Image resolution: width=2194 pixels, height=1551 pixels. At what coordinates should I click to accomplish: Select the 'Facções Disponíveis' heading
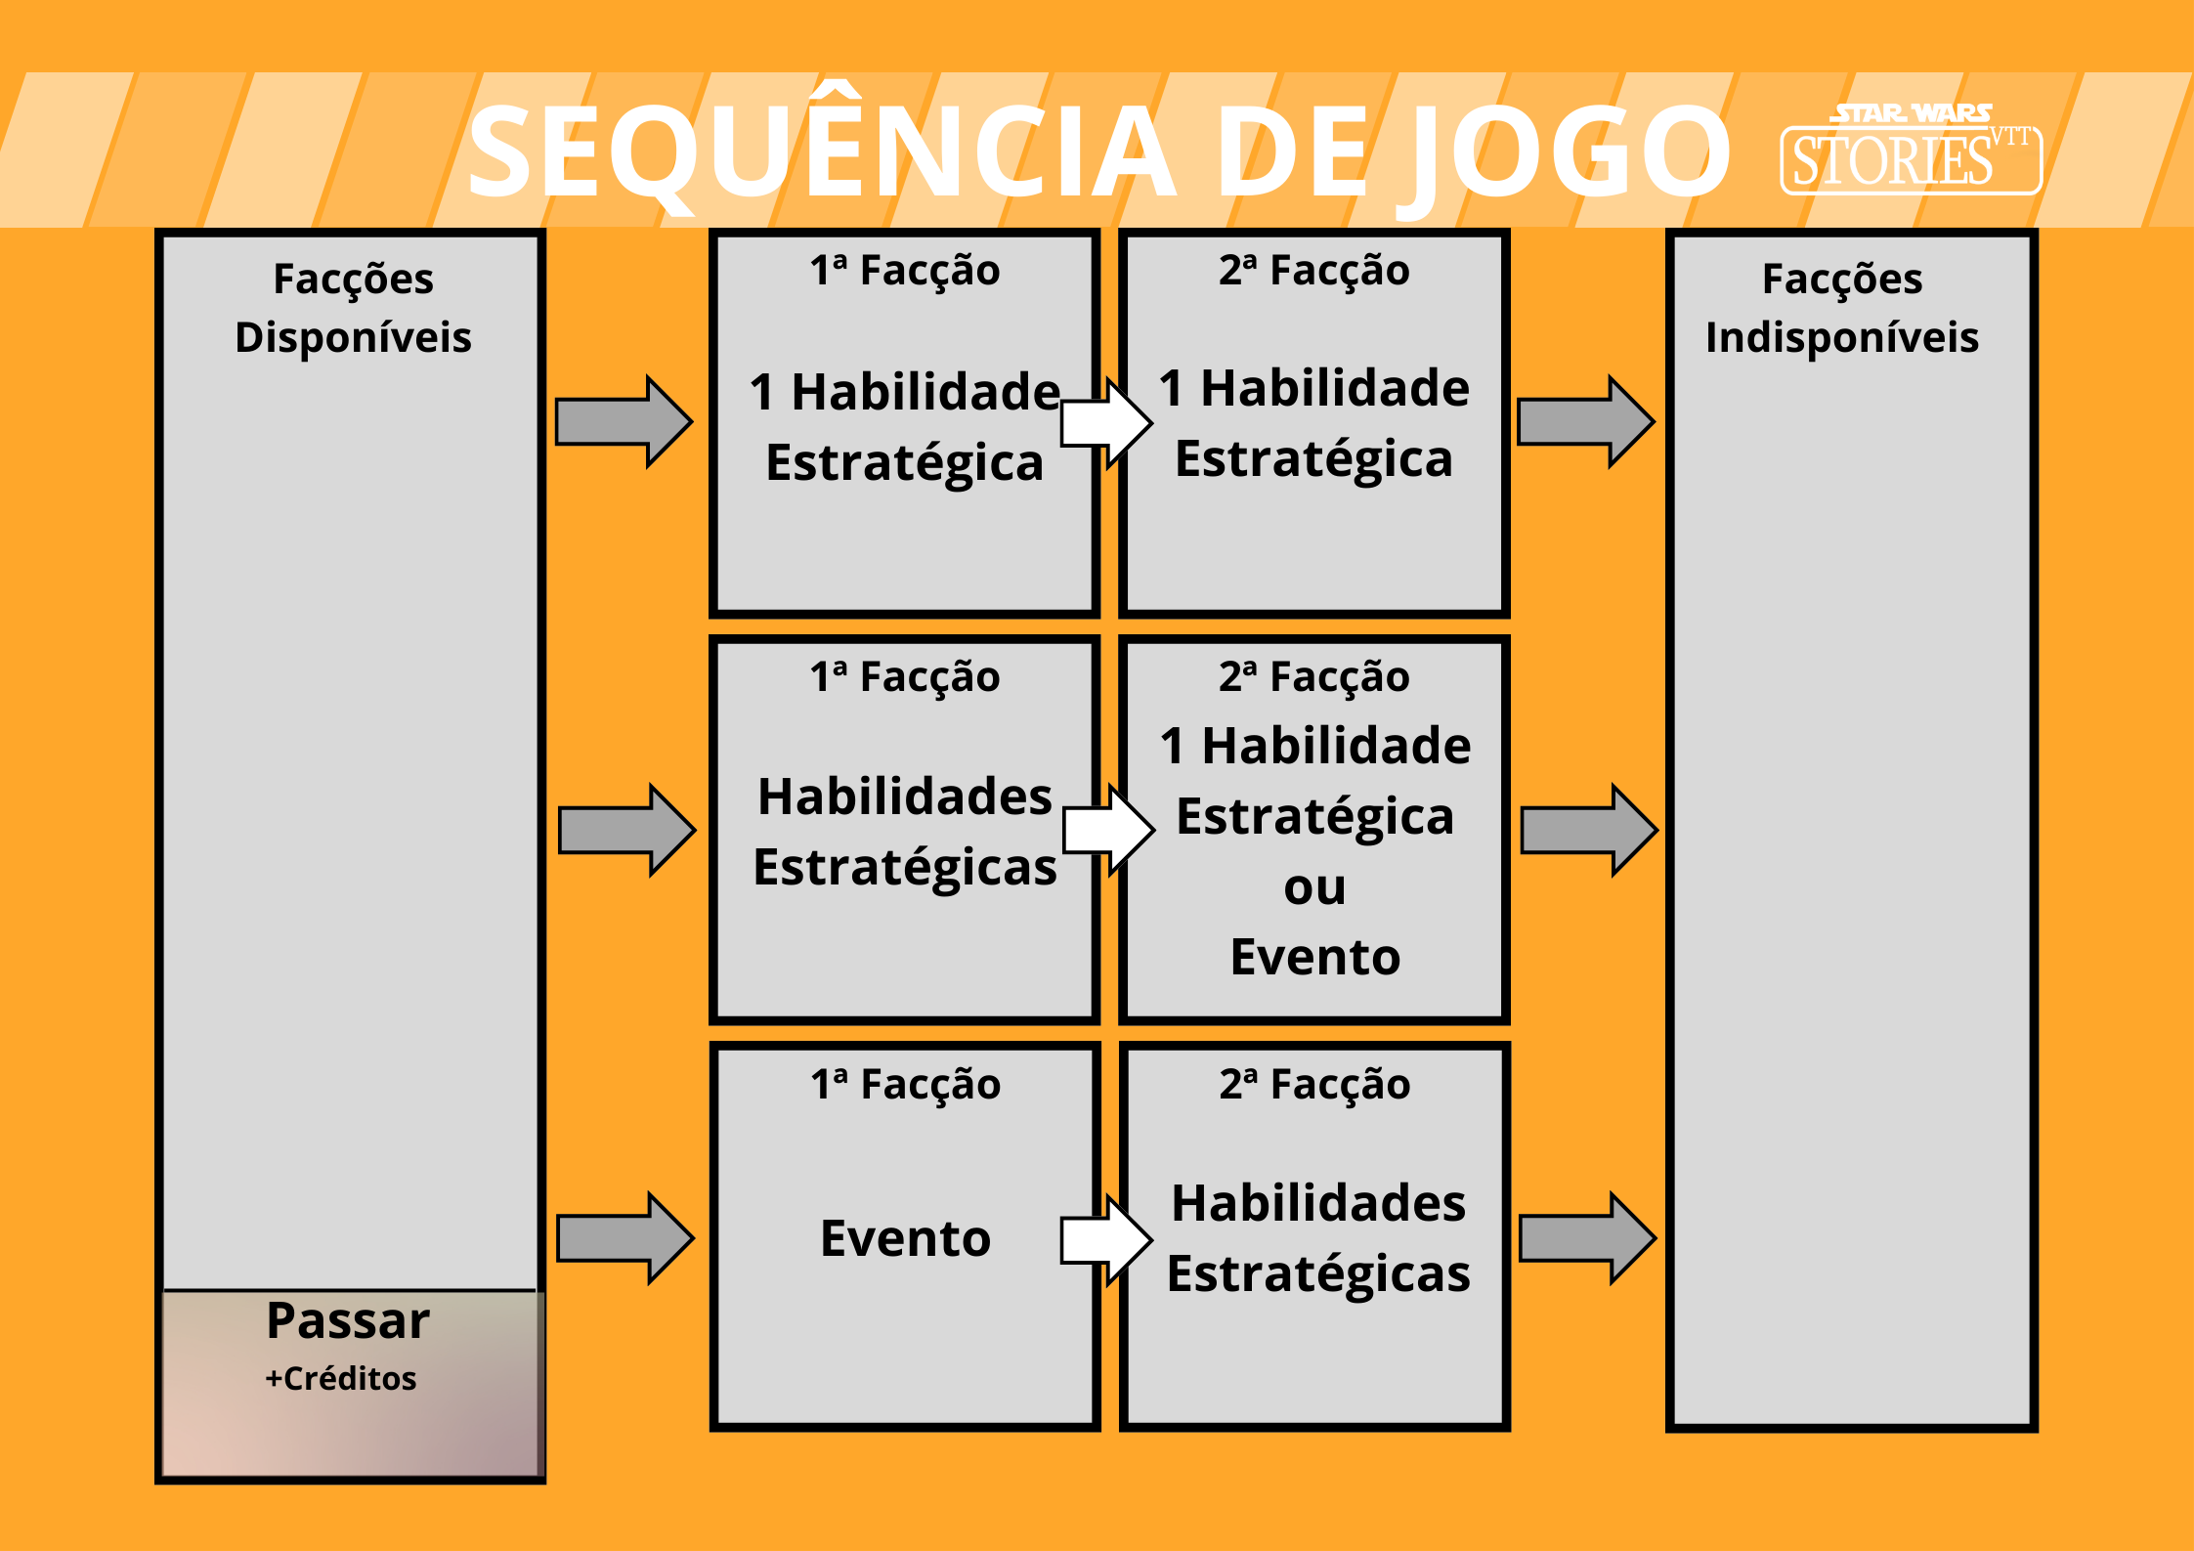[353, 308]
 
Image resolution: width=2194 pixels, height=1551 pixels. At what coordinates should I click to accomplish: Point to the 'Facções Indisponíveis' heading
[1842, 308]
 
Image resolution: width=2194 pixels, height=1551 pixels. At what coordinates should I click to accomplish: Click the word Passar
[348, 1321]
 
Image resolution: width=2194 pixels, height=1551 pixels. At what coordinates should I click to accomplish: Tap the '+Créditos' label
[341, 1378]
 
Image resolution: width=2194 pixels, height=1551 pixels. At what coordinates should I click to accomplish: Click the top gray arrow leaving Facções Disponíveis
[624, 421]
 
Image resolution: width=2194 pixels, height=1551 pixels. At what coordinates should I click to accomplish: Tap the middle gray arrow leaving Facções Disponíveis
[626, 830]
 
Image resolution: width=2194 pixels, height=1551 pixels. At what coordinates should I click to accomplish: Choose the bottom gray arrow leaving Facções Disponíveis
[624, 1238]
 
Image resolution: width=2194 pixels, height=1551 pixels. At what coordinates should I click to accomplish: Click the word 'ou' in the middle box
[1314, 887]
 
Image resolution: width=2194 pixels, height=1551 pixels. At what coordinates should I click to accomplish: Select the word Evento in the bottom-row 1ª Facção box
[905, 1238]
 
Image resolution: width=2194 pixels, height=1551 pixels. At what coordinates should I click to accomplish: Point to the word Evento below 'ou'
[1314, 957]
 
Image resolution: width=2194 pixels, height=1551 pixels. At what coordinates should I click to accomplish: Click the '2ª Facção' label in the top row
[1314, 271]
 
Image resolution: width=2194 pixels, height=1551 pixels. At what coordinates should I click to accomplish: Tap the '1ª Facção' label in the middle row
[905, 677]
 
